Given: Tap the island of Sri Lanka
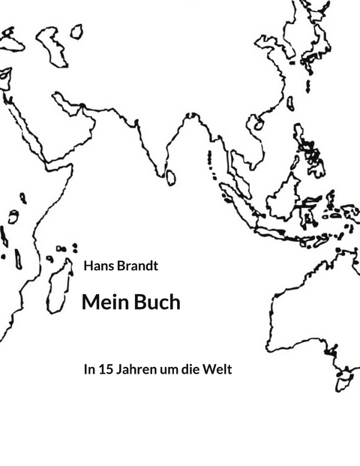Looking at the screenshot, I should tap(171, 177).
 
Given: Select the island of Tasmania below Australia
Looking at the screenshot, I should tap(346, 381).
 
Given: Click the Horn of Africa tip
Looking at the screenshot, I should tap(72, 167).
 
